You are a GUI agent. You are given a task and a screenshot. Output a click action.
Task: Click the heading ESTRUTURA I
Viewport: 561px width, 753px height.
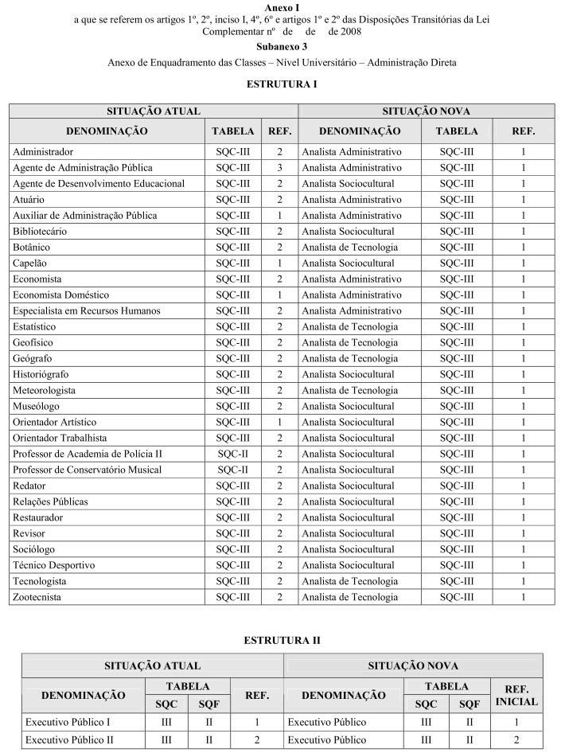coord(280,84)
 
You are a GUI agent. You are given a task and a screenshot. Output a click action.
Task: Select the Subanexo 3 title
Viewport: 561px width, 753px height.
coord(281,46)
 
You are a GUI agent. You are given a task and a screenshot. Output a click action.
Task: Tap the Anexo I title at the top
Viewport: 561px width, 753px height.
coord(281,7)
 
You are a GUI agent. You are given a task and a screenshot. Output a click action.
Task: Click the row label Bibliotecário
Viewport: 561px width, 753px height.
coord(40,231)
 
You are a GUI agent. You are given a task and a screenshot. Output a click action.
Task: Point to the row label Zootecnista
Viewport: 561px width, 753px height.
coord(37,597)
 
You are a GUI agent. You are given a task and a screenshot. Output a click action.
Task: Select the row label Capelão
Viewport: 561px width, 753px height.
coord(31,263)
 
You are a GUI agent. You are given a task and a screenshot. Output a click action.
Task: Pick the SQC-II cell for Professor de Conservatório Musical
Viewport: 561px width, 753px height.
coord(233,470)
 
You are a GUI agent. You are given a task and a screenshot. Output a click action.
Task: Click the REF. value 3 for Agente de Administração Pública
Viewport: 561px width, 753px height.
coord(280,167)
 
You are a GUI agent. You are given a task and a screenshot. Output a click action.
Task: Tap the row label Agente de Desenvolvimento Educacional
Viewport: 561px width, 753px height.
coord(99,183)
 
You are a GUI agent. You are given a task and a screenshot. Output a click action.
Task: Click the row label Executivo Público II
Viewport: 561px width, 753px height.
coord(69,739)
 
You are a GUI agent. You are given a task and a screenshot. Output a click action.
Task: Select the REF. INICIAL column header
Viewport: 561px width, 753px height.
coord(516,695)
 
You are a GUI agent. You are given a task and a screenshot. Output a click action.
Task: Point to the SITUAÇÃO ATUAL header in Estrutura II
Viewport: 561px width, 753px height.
coord(153,665)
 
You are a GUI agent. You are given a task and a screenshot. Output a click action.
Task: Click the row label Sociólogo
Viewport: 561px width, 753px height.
coord(34,549)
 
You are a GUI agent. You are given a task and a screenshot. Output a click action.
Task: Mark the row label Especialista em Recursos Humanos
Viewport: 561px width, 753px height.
coord(87,310)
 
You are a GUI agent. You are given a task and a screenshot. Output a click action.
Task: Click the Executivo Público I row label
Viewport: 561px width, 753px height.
coord(68,722)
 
